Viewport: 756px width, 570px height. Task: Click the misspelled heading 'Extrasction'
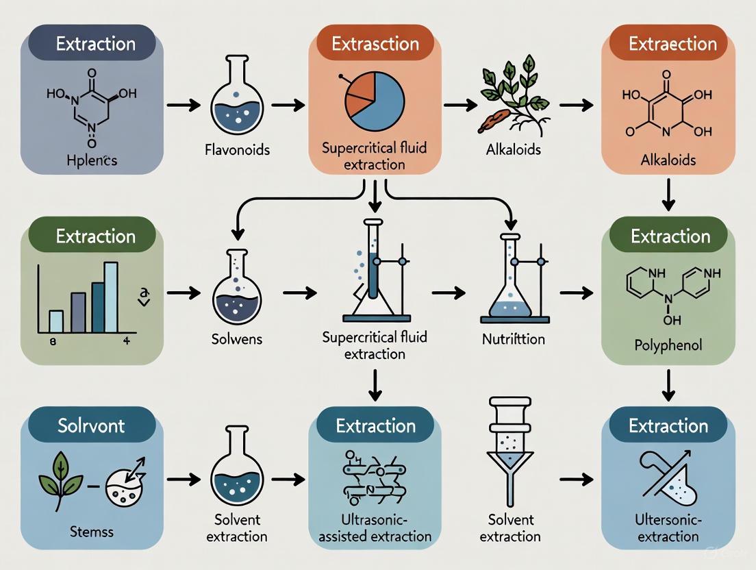pos(375,45)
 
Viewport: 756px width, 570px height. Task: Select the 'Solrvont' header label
pos(90,425)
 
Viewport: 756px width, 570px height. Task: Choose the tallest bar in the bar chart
pos(110,296)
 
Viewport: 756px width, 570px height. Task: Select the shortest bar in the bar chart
pos(56,320)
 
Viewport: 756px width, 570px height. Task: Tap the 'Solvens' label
pos(238,339)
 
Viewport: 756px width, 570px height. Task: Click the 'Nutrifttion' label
pos(514,339)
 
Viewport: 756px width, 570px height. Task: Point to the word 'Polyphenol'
pos(668,345)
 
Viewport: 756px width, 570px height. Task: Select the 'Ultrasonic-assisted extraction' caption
pos(376,528)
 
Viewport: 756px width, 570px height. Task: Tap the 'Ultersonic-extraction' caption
pos(668,528)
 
